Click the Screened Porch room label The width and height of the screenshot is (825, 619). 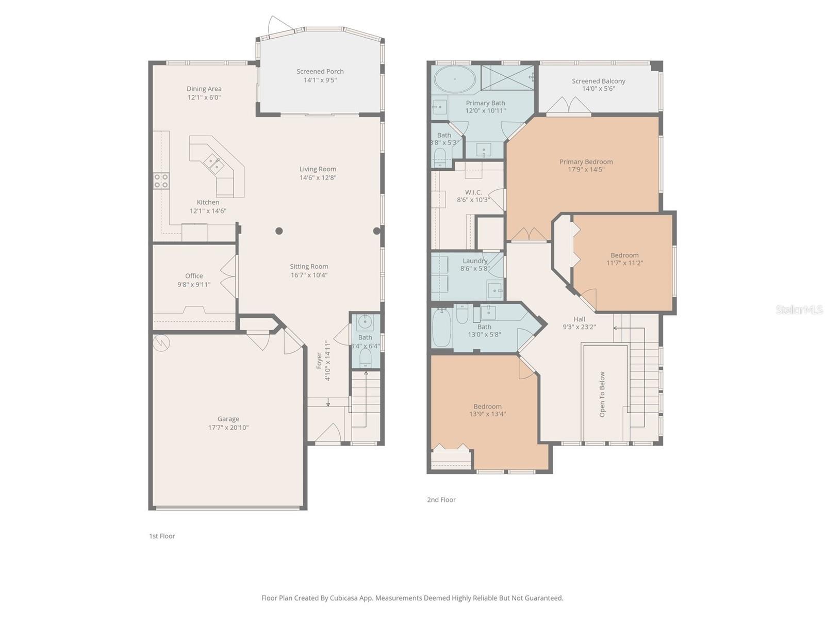pyautogui.click(x=320, y=72)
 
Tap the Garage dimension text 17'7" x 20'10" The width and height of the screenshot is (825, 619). pyautogui.click(x=228, y=428)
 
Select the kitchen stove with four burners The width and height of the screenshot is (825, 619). pyautogui.click(x=161, y=181)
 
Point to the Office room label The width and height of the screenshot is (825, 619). pyautogui.click(x=194, y=276)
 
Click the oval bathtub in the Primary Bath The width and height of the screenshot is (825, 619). pyautogui.click(x=454, y=79)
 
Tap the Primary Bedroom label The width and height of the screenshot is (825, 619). pyautogui.click(x=586, y=162)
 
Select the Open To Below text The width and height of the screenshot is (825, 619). pyautogui.click(x=602, y=395)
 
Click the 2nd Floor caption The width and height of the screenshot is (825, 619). pyautogui.click(x=441, y=500)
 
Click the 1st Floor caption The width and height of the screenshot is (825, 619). pyautogui.click(x=162, y=536)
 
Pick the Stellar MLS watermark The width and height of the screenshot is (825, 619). pyautogui.click(x=799, y=310)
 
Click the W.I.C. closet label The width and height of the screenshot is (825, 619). pyautogui.click(x=473, y=192)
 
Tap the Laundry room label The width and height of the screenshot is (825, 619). pyautogui.click(x=474, y=261)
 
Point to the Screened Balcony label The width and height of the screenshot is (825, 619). pyautogui.click(x=598, y=81)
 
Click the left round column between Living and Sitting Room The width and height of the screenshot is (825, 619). pyautogui.click(x=279, y=231)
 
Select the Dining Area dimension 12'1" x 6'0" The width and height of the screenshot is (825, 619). pyautogui.click(x=204, y=97)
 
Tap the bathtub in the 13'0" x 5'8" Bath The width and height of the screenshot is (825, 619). pyautogui.click(x=441, y=328)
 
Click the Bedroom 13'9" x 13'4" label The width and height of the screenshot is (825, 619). pyautogui.click(x=487, y=406)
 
